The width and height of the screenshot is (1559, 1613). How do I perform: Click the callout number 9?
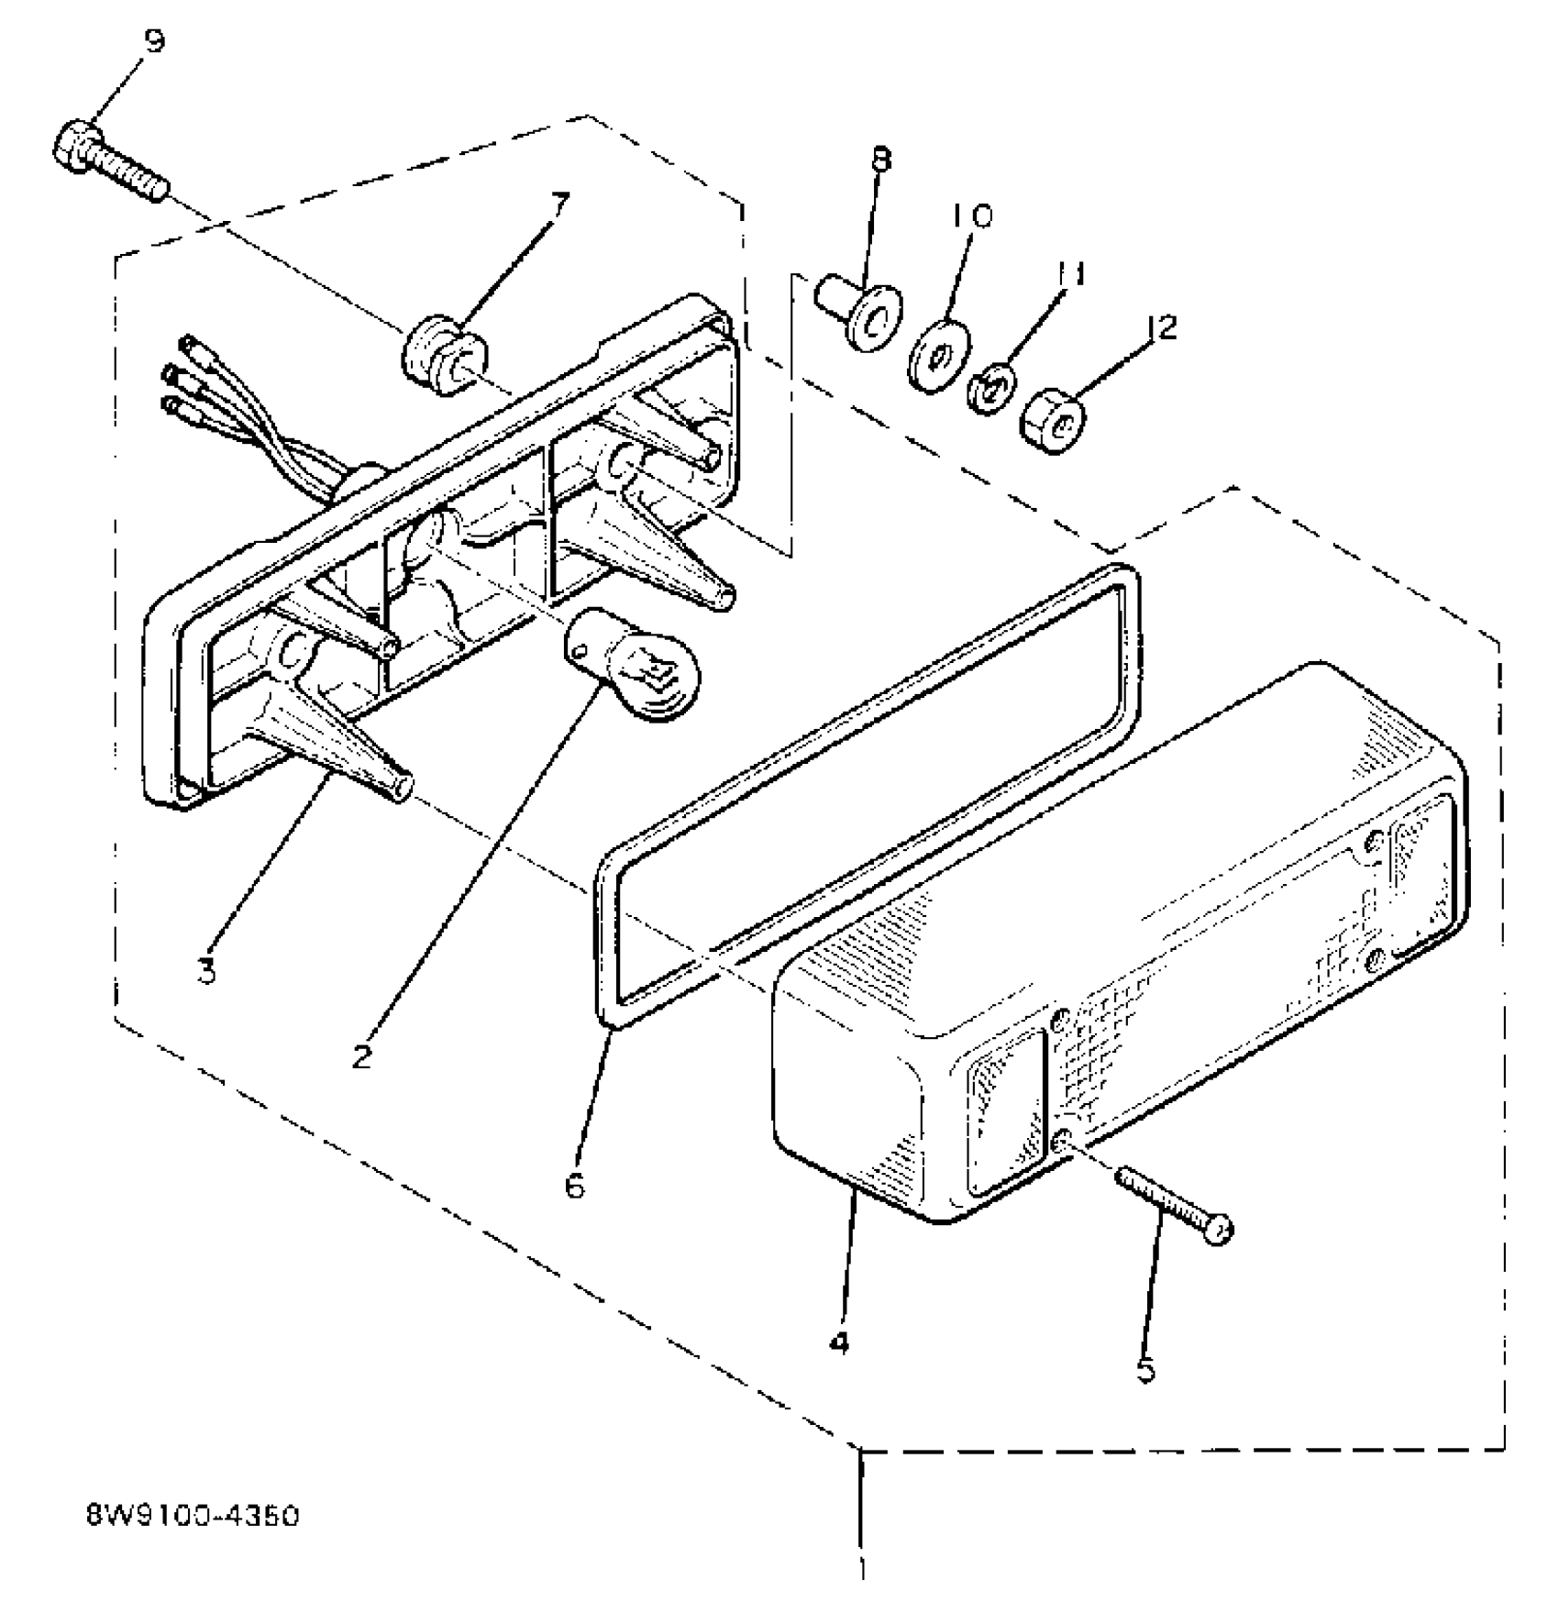tap(154, 41)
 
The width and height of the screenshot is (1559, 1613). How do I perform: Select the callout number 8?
tap(879, 160)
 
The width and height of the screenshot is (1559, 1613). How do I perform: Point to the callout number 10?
tap(971, 216)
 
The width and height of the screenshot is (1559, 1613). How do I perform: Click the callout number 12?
tap(1161, 327)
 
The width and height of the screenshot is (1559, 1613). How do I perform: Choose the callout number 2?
tap(362, 1055)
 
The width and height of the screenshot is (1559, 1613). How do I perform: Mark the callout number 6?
tap(575, 1186)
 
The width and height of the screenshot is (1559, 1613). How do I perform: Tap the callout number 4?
tap(838, 1343)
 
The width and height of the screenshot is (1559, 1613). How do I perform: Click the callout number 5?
tap(1146, 1370)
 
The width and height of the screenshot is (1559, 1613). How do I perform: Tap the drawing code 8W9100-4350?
tap(192, 1517)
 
